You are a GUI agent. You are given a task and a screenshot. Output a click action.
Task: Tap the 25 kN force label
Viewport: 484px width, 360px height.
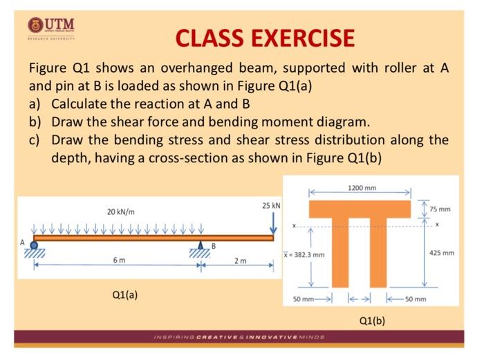click(x=271, y=207)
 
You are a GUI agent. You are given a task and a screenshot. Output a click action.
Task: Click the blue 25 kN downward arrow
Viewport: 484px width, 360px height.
click(x=273, y=222)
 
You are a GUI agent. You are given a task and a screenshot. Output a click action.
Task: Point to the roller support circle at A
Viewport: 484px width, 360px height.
click(x=34, y=245)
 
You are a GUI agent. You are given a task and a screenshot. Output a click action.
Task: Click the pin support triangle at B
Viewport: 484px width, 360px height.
click(x=201, y=245)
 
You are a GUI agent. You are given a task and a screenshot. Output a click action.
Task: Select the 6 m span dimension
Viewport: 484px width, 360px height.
click(x=118, y=260)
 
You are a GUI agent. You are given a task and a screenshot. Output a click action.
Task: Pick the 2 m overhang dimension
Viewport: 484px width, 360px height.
click(x=239, y=261)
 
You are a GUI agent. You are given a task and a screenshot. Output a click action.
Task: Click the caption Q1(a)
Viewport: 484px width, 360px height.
click(x=124, y=294)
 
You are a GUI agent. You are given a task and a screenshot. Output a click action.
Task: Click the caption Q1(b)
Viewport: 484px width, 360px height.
click(x=372, y=321)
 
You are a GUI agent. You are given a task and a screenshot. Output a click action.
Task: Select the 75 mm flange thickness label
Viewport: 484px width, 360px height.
click(x=439, y=209)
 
